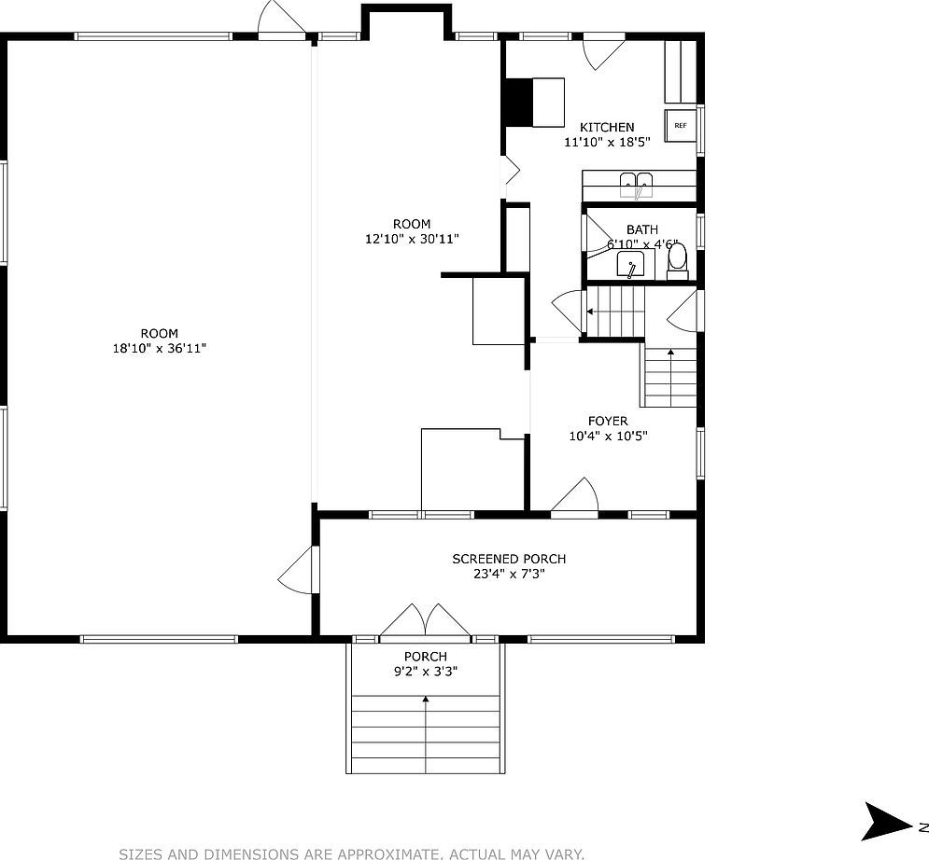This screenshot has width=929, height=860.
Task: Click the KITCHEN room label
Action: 607,127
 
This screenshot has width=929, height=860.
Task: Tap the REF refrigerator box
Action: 680,125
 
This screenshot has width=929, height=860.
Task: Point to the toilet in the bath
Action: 678,260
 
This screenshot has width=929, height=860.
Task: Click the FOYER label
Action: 607,421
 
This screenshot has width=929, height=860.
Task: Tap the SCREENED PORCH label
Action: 509,559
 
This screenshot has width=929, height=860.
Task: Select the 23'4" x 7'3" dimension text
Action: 509,575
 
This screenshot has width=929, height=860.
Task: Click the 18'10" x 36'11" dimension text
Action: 159,348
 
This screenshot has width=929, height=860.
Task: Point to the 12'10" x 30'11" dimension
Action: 412,239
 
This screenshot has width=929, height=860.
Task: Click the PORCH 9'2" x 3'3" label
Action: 425,663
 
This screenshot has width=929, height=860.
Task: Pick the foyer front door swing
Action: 575,496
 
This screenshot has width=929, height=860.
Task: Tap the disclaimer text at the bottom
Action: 351,853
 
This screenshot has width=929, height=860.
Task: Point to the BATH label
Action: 641,229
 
